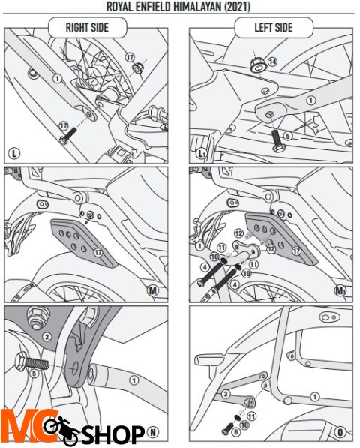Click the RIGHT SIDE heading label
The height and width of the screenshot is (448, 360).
[87, 28]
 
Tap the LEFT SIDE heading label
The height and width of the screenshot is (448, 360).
[274, 28]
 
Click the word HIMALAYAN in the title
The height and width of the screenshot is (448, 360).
[197, 6]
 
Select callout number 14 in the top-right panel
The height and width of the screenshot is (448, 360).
[273, 62]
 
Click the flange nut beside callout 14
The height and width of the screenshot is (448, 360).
[258, 65]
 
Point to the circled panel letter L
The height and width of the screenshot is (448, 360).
[14, 154]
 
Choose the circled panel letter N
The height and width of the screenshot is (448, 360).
[153, 432]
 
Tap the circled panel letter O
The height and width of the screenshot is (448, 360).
[340, 432]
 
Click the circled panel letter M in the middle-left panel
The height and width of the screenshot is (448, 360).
[153, 291]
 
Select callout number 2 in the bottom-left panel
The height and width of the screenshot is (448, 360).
[47, 337]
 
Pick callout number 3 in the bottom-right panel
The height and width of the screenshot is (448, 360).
[226, 394]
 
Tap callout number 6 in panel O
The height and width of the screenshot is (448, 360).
[235, 432]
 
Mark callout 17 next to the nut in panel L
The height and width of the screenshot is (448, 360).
[130, 58]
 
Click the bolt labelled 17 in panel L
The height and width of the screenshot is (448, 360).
[68, 136]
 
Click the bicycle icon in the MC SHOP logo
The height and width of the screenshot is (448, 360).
[61, 430]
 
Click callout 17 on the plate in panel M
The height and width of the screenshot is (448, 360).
[98, 253]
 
